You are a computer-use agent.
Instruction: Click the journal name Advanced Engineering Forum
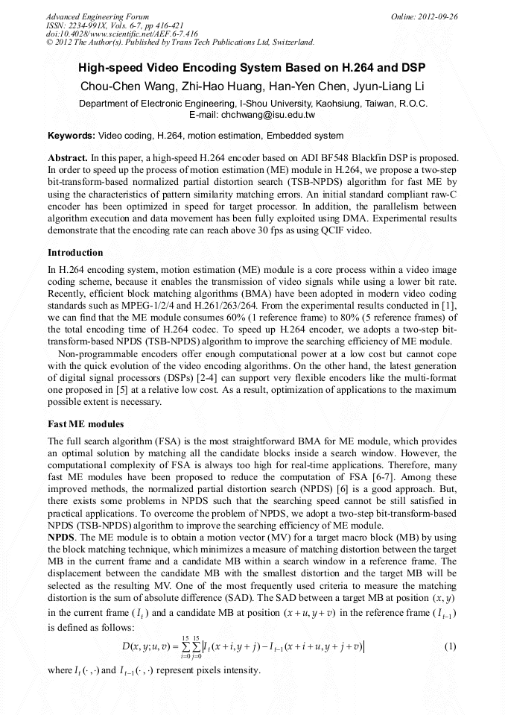coord(97,16)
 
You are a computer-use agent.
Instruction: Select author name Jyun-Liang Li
coord(388,86)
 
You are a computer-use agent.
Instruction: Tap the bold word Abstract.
coord(67,158)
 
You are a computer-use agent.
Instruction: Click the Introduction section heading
coord(75,253)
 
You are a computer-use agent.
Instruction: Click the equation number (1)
coord(449,646)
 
